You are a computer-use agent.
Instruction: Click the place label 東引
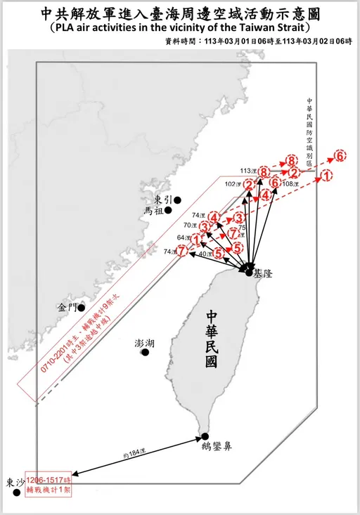click(x=161, y=200)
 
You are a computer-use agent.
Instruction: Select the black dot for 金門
click(x=82, y=307)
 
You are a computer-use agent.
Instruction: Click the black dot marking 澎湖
click(x=145, y=352)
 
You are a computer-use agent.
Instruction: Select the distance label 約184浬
click(x=133, y=456)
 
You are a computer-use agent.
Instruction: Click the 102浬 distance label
click(x=233, y=184)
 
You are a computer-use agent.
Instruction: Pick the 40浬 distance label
click(x=204, y=254)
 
